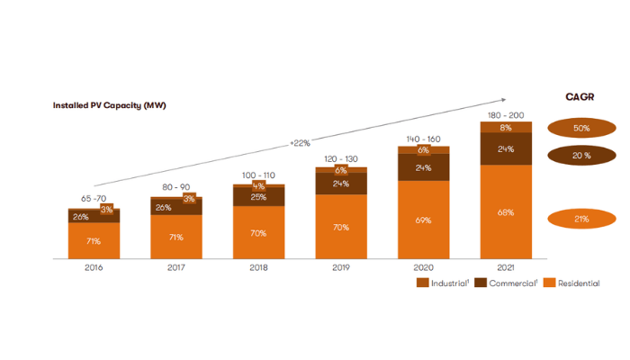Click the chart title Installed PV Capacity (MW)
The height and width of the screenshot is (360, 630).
coord(110,105)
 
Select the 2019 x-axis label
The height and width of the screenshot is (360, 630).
coord(340,267)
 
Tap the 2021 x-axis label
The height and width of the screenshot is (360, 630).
coord(506,267)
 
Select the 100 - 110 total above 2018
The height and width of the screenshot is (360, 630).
coord(258,175)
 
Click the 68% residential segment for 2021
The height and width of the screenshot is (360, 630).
coord(506,213)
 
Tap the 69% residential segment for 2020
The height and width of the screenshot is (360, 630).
coord(423,220)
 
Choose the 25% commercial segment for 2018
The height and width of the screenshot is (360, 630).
coord(258,197)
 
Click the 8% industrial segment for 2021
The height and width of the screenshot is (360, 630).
coord(506,128)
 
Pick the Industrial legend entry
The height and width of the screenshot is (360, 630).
coord(442,283)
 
